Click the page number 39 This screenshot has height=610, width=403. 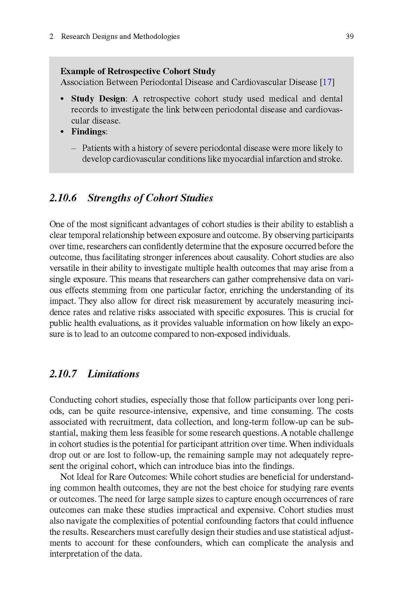pyautogui.click(x=350, y=37)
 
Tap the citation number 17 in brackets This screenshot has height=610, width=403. pyautogui.click(x=327, y=82)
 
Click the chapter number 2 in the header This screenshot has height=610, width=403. pyautogui.click(x=51, y=37)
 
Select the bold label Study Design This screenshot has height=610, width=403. pyautogui.click(x=98, y=99)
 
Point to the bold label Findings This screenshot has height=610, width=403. pyautogui.click(x=88, y=132)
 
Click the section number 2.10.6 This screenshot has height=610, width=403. pyautogui.click(x=63, y=198)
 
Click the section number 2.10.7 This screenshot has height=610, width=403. pyautogui.click(x=63, y=374)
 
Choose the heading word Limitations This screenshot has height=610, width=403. pyautogui.click(x=114, y=374)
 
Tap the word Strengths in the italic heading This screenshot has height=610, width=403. pyautogui.click(x=109, y=198)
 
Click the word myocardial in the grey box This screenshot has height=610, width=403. pyautogui.click(x=243, y=159)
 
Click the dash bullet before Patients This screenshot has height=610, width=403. pyautogui.click(x=74, y=148)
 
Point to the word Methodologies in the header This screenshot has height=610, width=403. pyautogui.click(x=156, y=37)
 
